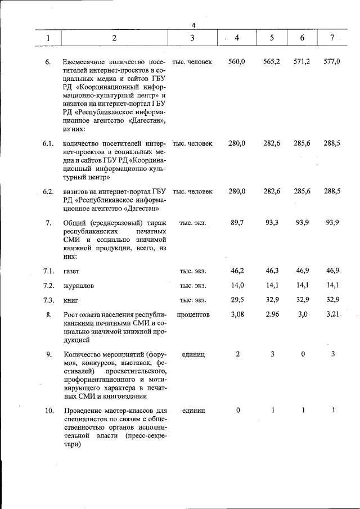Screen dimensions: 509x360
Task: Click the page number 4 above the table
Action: pyautogui.click(x=193, y=25)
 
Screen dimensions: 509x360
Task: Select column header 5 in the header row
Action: pyautogui.click(x=272, y=38)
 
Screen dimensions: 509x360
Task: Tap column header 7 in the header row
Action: pyautogui.click(x=332, y=38)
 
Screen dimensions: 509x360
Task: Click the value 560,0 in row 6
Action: pyautogui.click(x=237, y=61)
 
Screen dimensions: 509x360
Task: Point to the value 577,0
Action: pyautogui.click(x=332, y=61)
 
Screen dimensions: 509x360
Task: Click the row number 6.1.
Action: pyautogui.click(x=48, y=143)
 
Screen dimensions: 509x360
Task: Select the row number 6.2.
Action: pyautogui.click(x=48, y=191)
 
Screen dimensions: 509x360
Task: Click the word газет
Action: pyautogui.click(x=72, y=272)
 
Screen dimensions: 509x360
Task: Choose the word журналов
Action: pyautogui.click(x=79, y=286)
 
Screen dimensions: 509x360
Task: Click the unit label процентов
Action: pyautogui.click(x=193, y=315)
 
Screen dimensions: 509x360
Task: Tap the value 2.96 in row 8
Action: pyautogui.click(x=272, y=315)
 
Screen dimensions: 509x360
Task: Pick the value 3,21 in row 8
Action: pyautogui.click(x=332, y=315)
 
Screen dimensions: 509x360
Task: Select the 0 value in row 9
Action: pyautogui.click(x=303, y=354)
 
